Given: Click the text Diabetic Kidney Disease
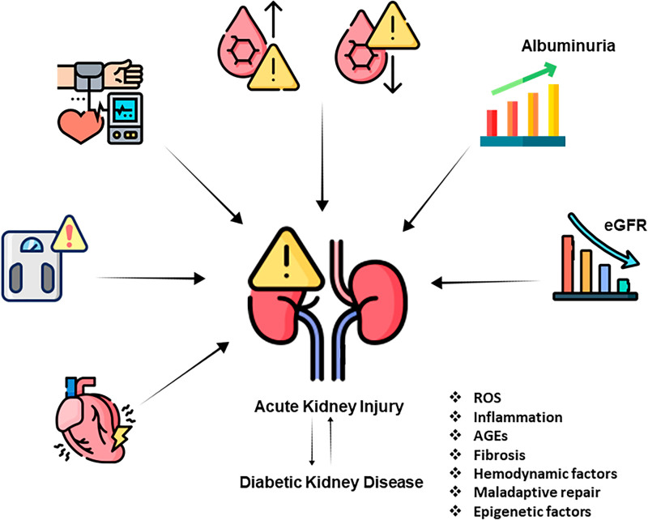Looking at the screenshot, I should click(x=331, y=482).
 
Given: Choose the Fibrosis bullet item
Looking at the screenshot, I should click(x=498, y=454).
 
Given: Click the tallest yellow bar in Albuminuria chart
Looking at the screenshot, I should click(x=554, y=110).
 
